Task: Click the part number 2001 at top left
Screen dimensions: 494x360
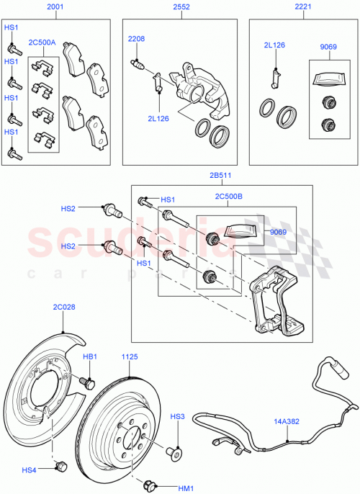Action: (x=55, y=7)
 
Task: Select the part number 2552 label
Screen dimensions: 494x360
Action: (x=181, y=7)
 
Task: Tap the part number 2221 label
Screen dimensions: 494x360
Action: (x=302, y=7)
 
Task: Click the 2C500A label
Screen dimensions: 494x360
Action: (x=42, y=42)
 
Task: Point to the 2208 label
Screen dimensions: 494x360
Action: (x=137, y=37)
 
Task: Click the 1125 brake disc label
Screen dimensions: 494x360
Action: (x=130, y=356)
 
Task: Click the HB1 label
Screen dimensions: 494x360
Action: (x=90, y=356)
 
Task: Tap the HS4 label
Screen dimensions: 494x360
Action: (x=29, y=470)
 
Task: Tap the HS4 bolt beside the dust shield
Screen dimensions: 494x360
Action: (x=60, y=466)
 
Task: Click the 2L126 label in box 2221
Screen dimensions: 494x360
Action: (x=274, y=45)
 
